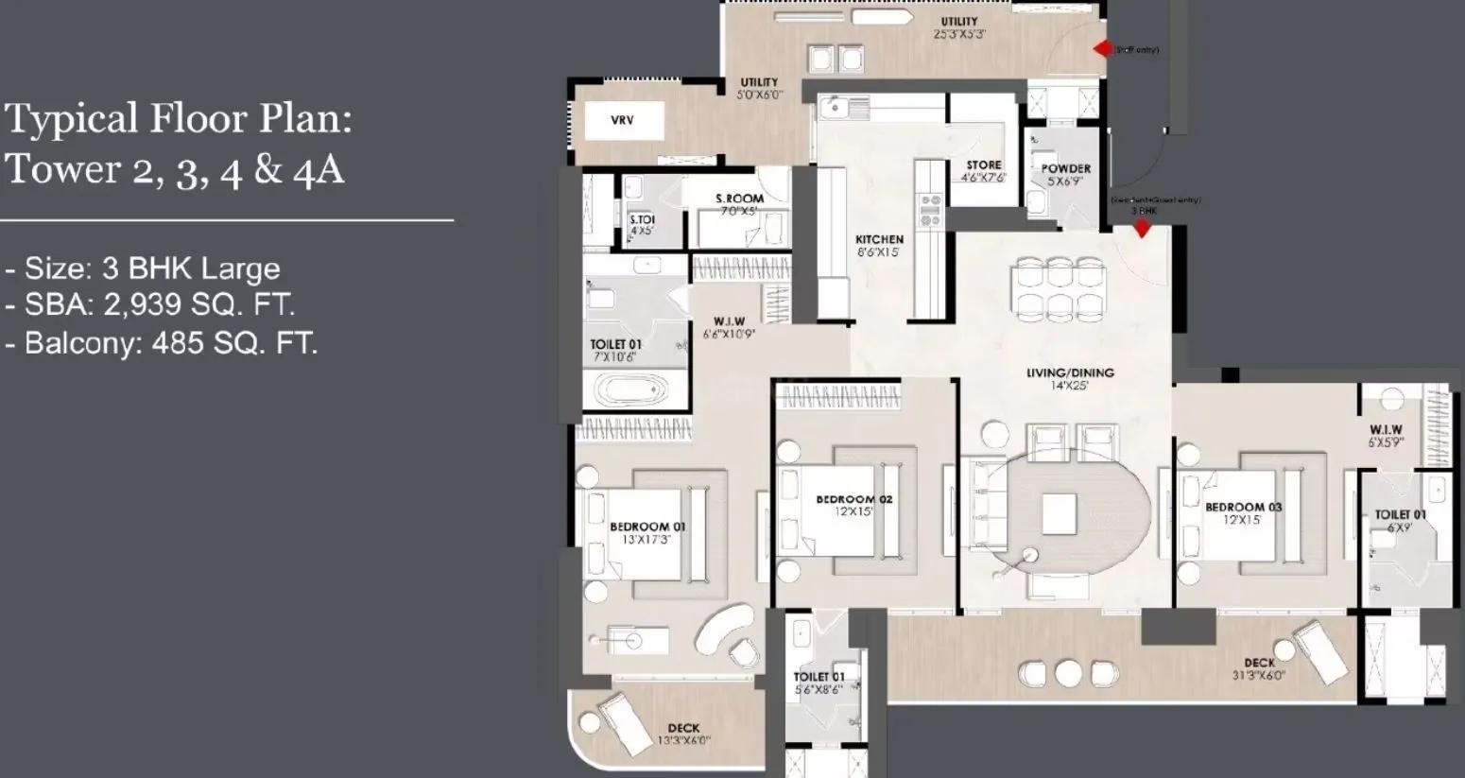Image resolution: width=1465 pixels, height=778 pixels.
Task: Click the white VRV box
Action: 622,121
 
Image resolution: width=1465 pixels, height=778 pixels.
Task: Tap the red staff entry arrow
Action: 1102,49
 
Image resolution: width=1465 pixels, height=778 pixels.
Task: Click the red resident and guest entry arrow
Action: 1142,228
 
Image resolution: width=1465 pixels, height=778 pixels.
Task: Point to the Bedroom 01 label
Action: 647,527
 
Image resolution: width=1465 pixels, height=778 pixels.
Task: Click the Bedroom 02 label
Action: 854,499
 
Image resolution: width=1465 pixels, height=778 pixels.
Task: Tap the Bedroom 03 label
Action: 1243,508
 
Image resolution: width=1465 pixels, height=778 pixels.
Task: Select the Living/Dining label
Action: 1070,372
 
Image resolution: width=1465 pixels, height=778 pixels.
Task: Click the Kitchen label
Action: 879,240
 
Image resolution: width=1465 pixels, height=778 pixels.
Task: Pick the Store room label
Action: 983,165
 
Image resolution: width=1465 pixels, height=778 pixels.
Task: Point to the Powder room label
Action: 1066,169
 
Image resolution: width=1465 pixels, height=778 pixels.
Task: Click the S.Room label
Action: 739,199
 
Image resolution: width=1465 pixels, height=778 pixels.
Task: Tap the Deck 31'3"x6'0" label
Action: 1259,664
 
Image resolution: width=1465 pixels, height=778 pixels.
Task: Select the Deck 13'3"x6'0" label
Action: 683,729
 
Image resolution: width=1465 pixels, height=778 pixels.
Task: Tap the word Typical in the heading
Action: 71,120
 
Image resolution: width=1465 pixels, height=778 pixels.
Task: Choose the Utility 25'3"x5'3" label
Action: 959,22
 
